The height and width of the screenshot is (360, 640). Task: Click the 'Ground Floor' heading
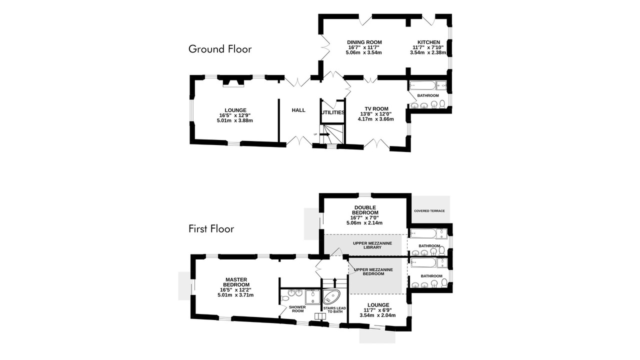pos(220,49)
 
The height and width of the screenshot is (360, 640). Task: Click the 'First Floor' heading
pos(211,229)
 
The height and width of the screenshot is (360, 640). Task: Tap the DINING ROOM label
pos(364,42)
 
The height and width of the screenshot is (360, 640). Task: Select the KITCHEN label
pos(428,42)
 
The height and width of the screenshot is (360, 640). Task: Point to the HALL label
pos(298,110)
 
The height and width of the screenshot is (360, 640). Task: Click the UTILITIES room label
pos(333,112)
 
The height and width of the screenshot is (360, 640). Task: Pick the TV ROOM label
pos(376,109)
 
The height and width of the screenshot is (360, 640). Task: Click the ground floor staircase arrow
pos(325,134)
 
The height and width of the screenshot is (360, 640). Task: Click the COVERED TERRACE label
pos(429,211)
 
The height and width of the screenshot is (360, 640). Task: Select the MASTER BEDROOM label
pos(236,282)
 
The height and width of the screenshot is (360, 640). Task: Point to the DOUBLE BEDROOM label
pos(365,210)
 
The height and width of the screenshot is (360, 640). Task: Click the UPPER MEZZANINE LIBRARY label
pos(372,245)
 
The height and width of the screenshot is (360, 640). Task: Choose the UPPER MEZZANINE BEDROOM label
pos(373,271)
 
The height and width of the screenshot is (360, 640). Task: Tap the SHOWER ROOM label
pos(297,309)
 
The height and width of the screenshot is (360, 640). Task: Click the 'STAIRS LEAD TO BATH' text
pos(334,310)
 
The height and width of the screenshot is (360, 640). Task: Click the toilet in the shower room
pos(284,299)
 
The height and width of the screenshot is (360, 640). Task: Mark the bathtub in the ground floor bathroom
pos(422,85)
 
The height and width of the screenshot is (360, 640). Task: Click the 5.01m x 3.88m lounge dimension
pos(235,120)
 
